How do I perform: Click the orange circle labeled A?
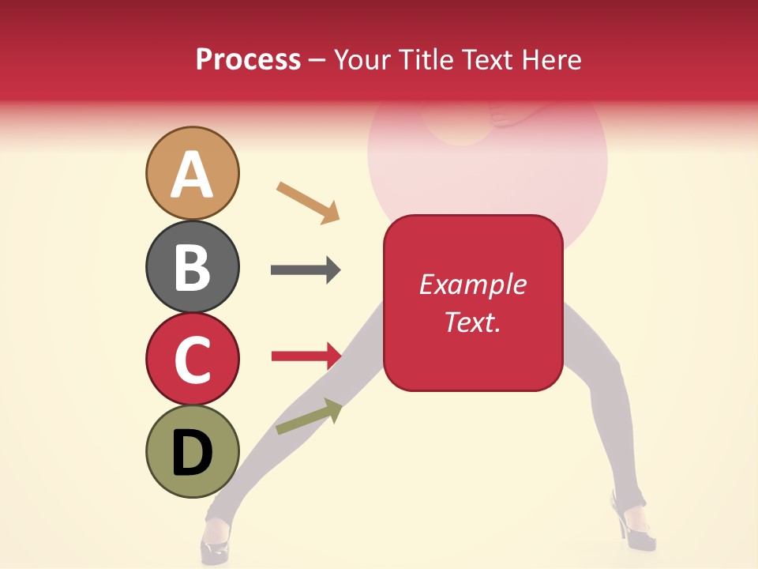tap(193, 173)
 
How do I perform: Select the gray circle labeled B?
tap(193, 266)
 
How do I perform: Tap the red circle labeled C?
tap(193, 359)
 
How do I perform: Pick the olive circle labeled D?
tap(193, 451)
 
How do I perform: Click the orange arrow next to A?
tap(308, 202)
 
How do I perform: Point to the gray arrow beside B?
tap(306, 270)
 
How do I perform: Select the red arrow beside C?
tap(306, 356)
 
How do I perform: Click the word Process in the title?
tap(248, 60)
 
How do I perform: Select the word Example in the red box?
tap(472, 284)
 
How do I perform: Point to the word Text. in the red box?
tap(472, 322)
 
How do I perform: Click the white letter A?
tap(193, 175)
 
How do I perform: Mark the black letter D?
tap(193, 454)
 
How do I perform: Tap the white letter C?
tap(193, 360)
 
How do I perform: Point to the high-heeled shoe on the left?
tap(215, 539)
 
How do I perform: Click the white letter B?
tap(193, 268)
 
